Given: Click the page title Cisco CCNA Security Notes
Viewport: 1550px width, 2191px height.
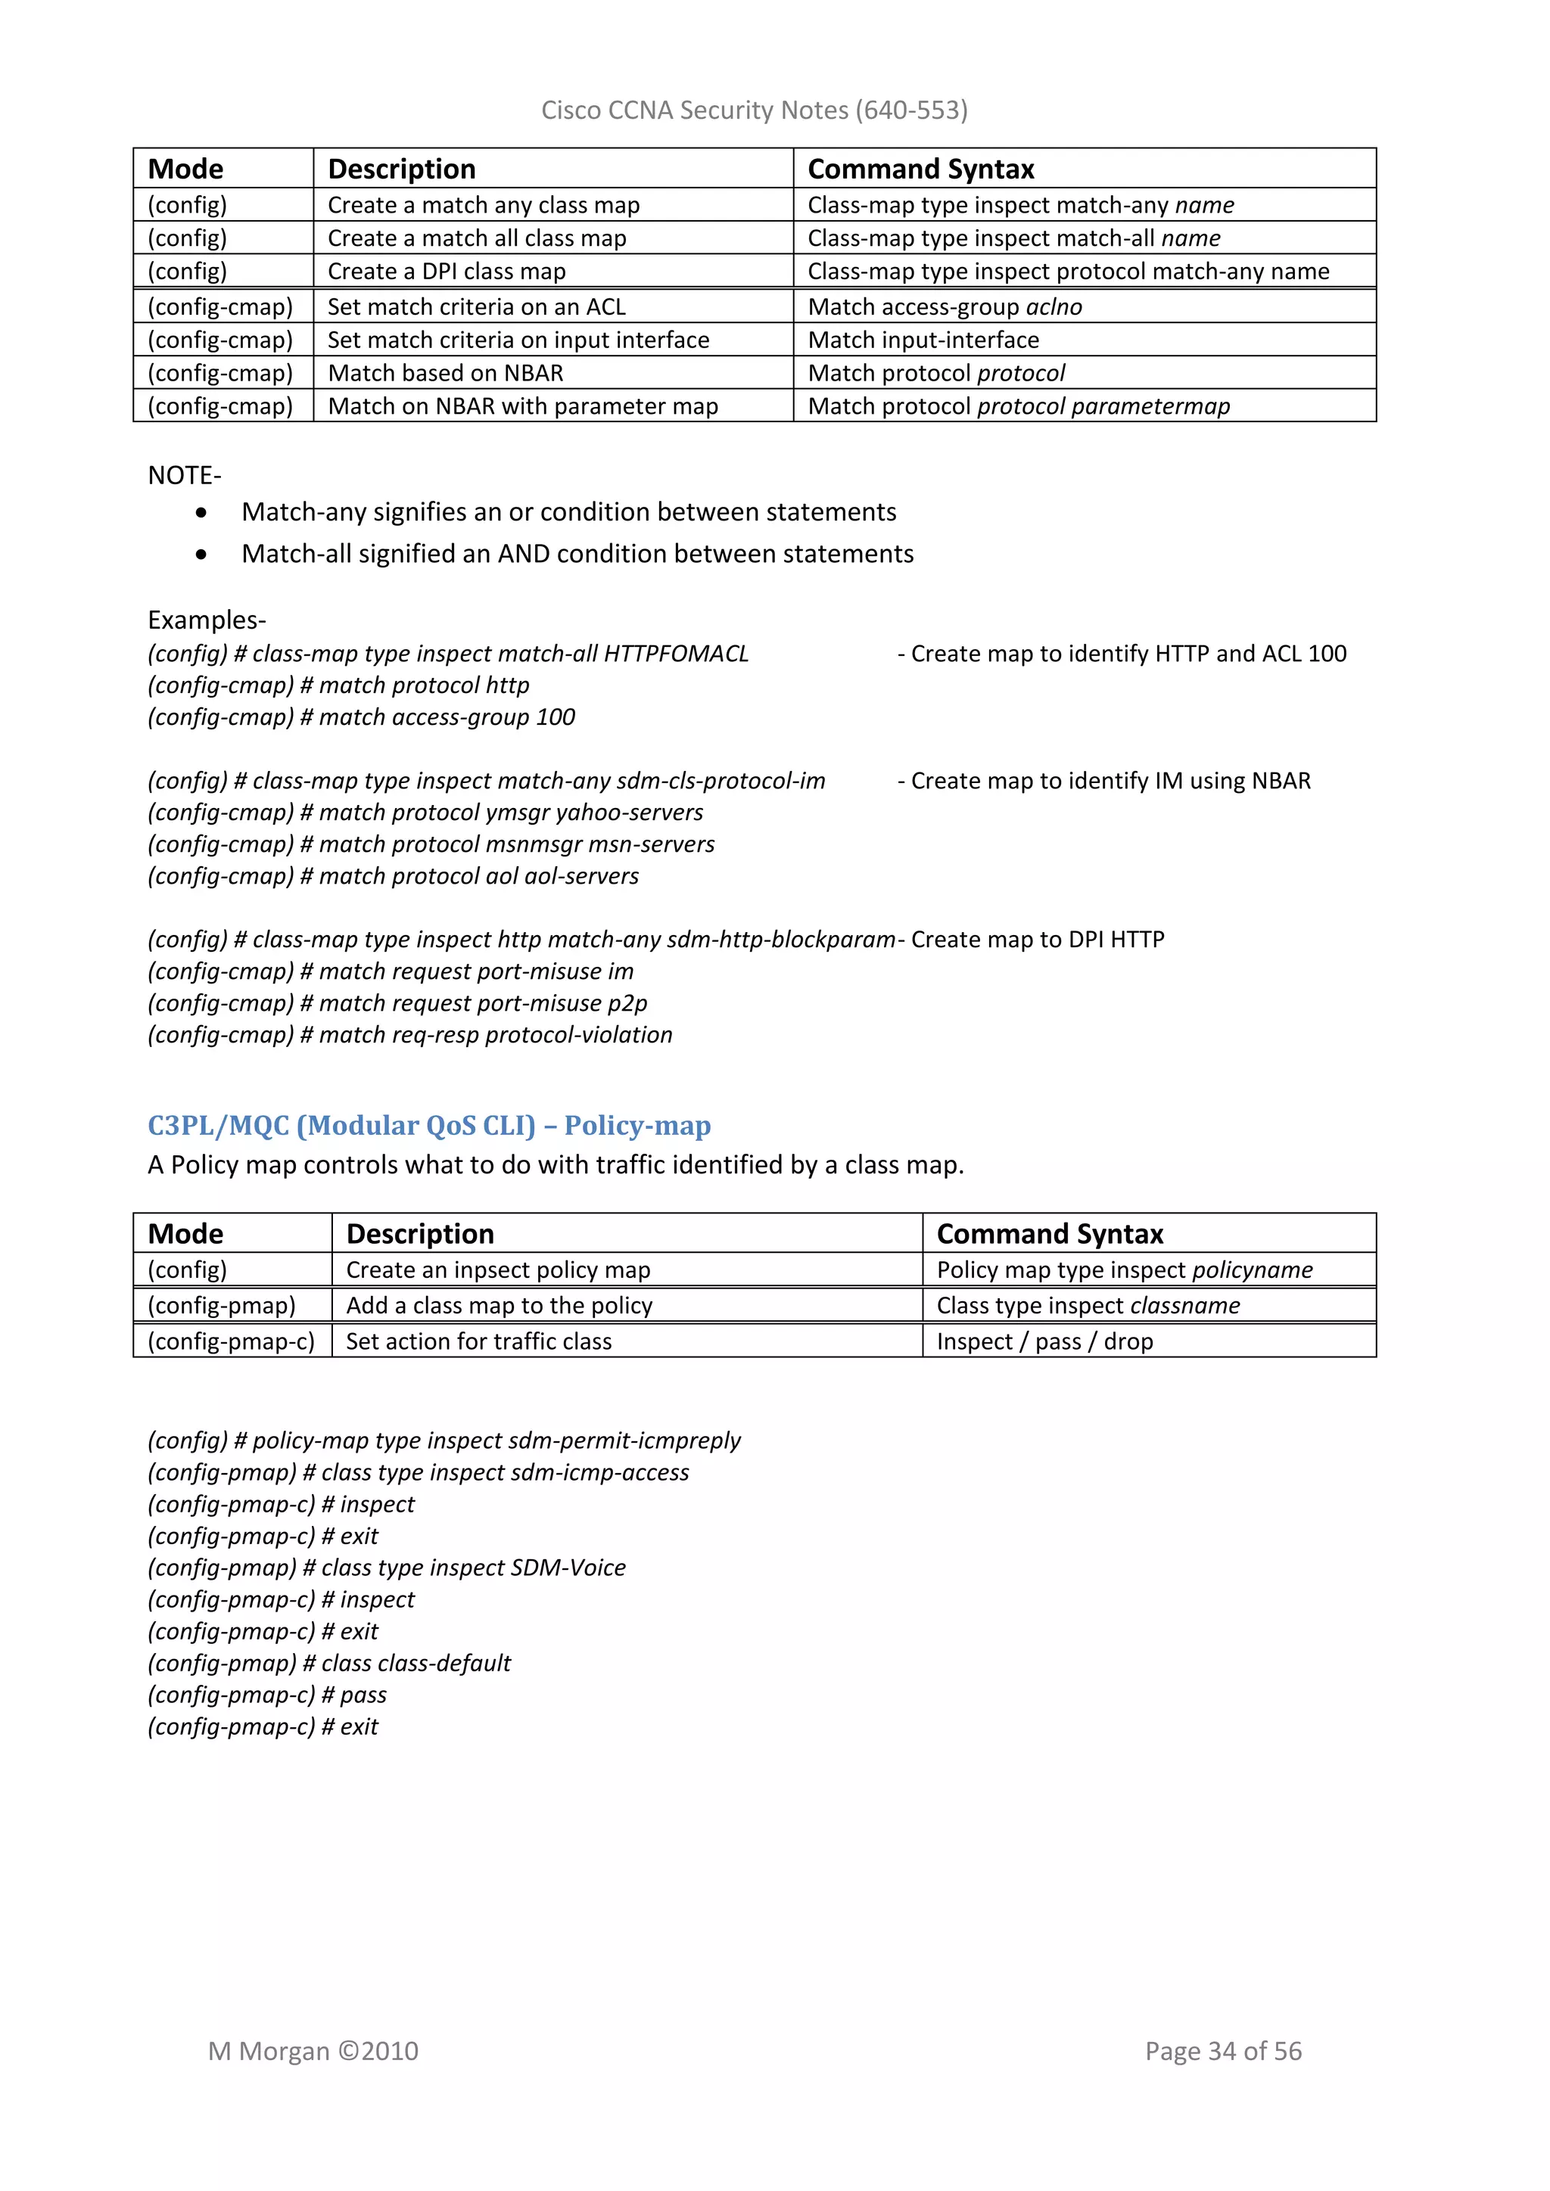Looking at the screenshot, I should pyautogui.click(x=754, y=110).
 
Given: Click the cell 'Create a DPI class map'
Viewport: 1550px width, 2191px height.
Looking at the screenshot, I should pyautogui.click(x=447, y=272).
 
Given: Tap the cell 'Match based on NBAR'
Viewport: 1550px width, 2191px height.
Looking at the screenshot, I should pyautogui.click(x=445, y=373).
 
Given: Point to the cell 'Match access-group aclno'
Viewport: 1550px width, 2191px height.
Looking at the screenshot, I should pyautogui.click(x=944, y=307).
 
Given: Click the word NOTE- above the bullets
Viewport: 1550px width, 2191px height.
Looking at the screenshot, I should pyautogui.click(x=184, y=475).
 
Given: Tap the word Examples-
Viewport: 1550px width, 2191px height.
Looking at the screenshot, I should pyautogui.click(x=206, y=620).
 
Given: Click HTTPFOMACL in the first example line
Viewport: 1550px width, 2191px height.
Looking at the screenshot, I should pyautogui.click(x=676, y=654).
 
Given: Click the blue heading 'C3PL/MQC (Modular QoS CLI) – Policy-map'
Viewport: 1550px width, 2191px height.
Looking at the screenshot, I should pyautogui.click(x=428, y=1126).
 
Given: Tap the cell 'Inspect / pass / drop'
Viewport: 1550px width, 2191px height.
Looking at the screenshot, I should pyautogui.click(x=1044, y=1341).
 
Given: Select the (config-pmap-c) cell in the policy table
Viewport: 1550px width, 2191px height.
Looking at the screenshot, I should pyautogui.click(x=231, y=1341).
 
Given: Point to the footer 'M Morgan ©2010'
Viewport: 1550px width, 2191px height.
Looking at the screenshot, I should pyautogui.click(x=313, y=2051).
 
